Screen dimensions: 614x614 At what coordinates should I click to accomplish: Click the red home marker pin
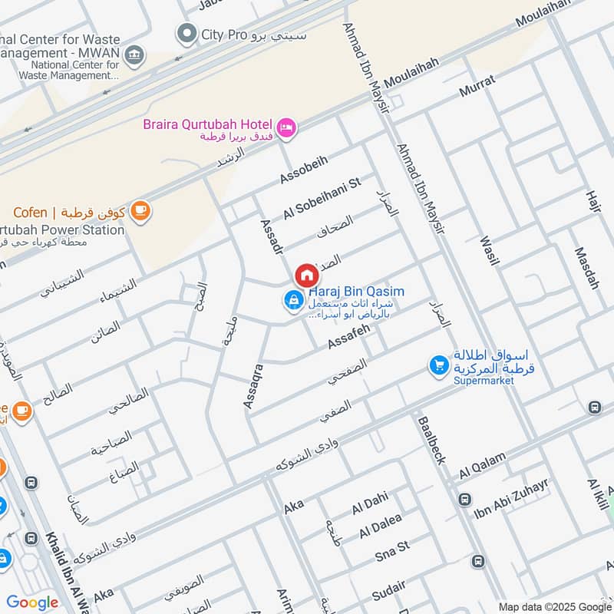pos(306,276)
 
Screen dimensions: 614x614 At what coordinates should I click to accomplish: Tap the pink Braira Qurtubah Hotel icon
pos(286,127)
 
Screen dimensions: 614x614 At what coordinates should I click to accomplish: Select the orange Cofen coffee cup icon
pos(140,211)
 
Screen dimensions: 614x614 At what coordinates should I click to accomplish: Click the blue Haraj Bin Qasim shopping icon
pos(292,301)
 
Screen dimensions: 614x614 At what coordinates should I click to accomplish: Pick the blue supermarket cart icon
pos(438,366)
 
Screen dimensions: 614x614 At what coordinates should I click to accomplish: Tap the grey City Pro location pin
pos(186,34)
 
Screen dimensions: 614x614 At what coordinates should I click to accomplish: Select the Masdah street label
pos(586,268)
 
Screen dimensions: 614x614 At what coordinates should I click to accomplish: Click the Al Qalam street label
pos(483,465)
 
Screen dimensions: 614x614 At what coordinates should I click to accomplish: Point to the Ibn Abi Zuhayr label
pos(510,499)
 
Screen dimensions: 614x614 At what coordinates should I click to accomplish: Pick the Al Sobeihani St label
pos(322,199)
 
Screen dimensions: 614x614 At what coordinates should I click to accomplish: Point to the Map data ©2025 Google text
pos(553,606)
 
